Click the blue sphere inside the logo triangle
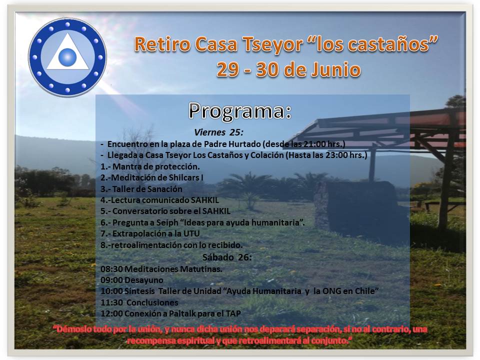click(67, 57)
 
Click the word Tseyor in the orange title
click(273, 44)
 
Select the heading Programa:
click(239, 111)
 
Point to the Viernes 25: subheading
click(218, 132)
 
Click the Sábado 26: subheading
click(227, 257)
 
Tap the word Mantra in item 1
click(125, 166)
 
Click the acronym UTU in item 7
click(191, 233)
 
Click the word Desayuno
click(144, 280)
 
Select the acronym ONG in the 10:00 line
click(331, 291)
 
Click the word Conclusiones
click(152, 302)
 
